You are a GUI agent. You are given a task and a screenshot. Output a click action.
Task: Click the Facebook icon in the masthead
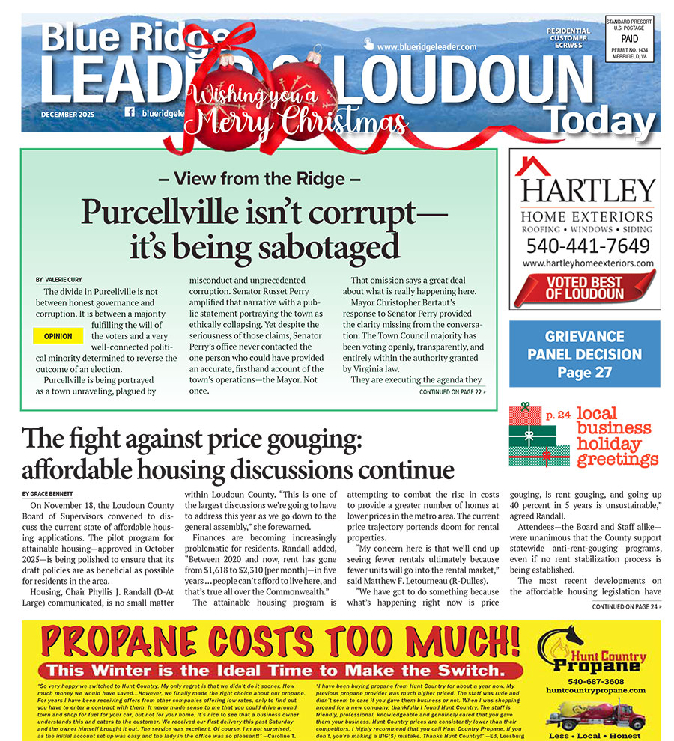(130, 112)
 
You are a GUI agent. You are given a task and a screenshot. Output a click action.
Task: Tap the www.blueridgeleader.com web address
(427, 46)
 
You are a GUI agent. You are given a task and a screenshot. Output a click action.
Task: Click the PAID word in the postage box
(629, 40)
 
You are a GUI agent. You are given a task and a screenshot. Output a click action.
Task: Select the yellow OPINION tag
(58, 336)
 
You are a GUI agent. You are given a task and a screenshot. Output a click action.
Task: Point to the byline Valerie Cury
(72, 279)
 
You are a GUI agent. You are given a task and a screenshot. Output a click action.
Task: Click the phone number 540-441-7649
(587, 246)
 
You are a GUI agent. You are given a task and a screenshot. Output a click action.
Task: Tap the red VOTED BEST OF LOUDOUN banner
(585, 288)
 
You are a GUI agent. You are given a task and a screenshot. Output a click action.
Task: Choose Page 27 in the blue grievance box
(584, 372)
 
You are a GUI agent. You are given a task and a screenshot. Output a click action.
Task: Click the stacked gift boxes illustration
(538, 436)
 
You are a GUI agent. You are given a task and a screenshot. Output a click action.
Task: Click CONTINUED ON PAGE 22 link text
(452, 391)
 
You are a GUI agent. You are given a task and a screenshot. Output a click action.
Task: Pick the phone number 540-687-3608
(595, 682)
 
